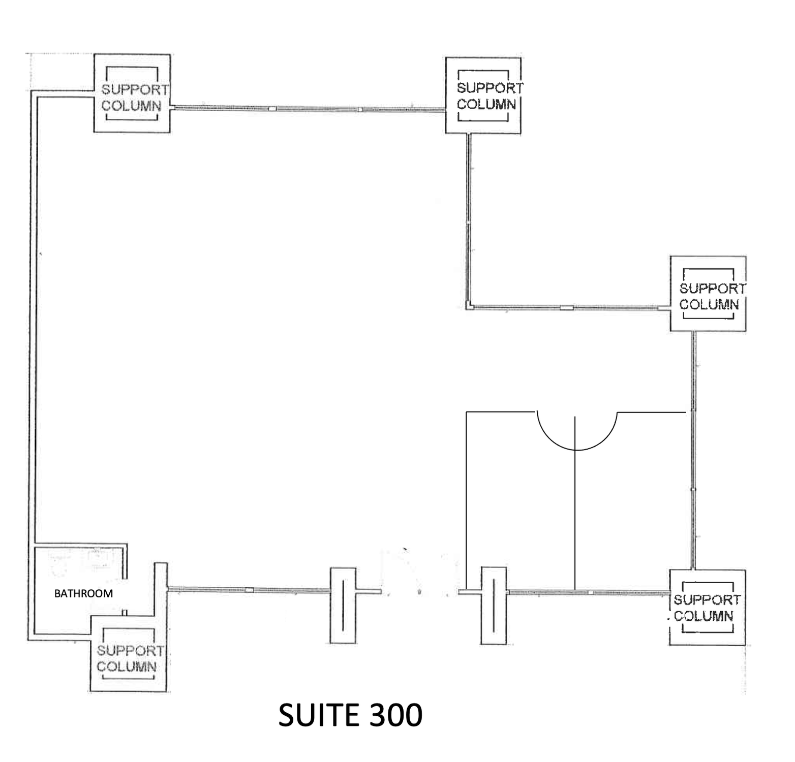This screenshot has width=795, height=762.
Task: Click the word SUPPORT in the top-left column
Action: pos(134,90)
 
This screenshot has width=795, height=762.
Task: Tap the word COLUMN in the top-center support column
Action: pos(486,105)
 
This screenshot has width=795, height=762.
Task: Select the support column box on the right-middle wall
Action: pos(708,294)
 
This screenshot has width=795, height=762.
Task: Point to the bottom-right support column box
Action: pos(707,608)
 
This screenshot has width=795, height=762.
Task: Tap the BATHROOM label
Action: pos(83,593)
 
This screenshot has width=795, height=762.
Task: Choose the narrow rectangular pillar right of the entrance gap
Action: pos(494,606)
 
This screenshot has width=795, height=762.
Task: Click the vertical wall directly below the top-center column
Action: pos(469,218)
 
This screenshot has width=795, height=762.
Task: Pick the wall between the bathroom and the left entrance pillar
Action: pos(249,590)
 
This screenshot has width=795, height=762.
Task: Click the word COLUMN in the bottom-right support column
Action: pos(704,617)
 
